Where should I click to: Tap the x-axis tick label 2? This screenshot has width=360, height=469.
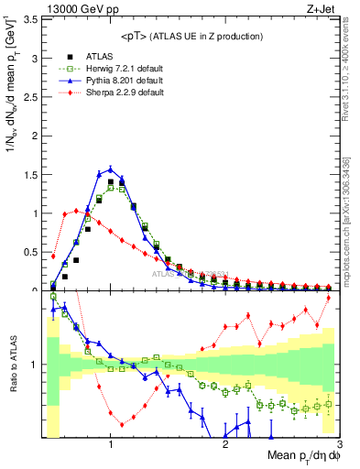tap(225, 445)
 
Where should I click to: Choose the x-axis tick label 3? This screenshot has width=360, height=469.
tap(339, 445)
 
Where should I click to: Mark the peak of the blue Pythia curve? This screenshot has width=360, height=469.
tap(111, 169)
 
